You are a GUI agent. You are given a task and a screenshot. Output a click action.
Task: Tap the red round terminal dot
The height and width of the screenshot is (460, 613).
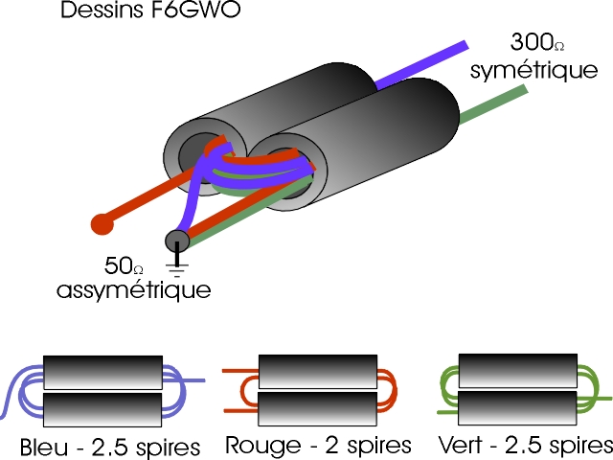click(102, 224)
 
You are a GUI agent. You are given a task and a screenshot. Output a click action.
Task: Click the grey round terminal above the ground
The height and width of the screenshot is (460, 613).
click(177, 239)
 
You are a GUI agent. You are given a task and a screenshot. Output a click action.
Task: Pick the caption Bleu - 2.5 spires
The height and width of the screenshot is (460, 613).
click(109, 447)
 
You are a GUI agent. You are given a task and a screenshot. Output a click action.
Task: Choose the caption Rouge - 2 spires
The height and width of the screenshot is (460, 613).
click(319, 446)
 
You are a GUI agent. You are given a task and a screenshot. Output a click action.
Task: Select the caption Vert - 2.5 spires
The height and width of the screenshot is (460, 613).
click(522, 446)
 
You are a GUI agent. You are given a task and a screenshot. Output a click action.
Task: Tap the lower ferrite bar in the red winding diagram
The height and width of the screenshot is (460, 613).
click(310, 407)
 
